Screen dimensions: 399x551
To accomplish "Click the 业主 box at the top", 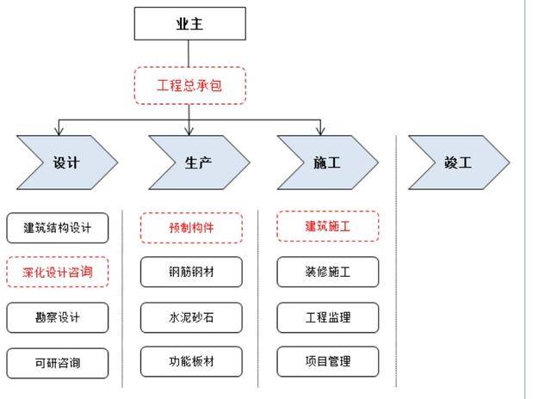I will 189,25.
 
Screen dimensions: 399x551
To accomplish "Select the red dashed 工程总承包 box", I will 189,85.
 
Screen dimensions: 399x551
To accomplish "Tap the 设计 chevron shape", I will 66,161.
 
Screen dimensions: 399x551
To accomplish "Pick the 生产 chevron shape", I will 198,161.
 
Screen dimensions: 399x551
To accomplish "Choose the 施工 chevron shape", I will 327,161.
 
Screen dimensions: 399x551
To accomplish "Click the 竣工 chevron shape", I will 458,161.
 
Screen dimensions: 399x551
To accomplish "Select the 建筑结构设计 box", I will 58,228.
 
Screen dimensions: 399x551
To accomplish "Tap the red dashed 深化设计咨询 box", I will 58,273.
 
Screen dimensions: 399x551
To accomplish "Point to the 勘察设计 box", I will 58,317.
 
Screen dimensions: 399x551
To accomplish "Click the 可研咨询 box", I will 58,362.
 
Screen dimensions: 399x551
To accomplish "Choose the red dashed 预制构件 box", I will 191,228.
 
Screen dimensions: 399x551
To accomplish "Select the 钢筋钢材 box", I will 191,273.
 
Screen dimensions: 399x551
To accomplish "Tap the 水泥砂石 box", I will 191,317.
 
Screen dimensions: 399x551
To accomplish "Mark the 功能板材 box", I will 191,362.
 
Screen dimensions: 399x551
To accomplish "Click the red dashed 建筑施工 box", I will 327,226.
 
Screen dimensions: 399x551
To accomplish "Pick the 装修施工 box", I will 327,273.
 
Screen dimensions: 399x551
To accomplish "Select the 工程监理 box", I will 327,317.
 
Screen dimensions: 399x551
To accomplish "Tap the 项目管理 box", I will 327,362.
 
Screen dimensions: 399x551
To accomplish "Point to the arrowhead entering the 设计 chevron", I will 59,132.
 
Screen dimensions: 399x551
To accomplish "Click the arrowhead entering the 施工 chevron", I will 321,132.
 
